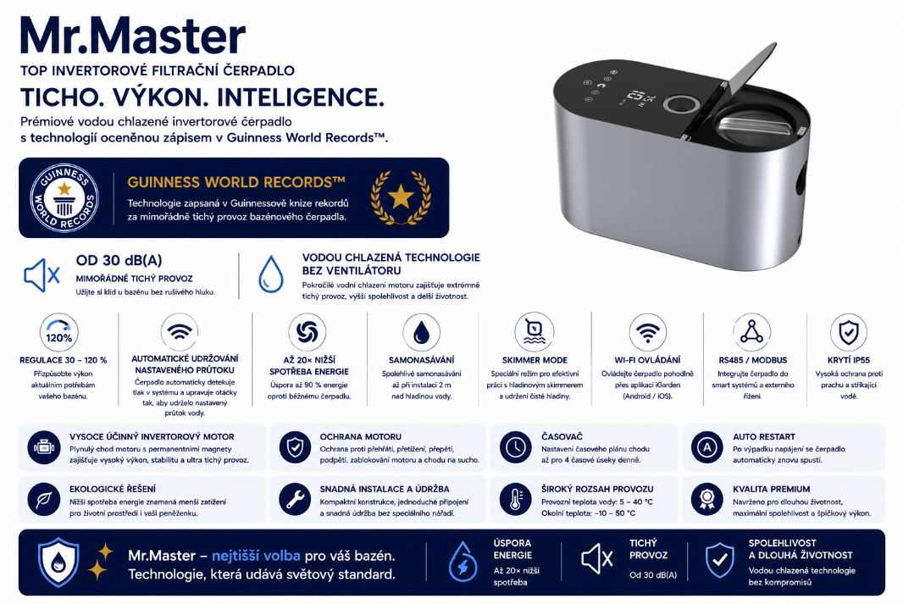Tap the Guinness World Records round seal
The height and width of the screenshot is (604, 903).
[64, 197]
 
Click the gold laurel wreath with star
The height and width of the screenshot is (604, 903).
[401, 197]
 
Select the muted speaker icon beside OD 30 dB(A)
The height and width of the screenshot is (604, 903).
[42, 275]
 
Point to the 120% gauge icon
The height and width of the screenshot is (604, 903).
[58, 332]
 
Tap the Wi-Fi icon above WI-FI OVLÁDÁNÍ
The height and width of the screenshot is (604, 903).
[648, 332]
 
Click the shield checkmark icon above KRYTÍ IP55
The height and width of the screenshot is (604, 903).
[848, 332]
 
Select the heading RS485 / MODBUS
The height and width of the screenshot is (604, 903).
[752, 360]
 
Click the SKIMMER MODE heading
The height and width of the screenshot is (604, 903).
[535, 360]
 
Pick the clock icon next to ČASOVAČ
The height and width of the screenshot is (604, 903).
[515, 447]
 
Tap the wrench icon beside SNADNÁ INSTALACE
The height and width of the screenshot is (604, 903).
[295, 499]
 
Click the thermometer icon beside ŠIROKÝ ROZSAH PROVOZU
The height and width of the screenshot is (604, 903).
[515, 499]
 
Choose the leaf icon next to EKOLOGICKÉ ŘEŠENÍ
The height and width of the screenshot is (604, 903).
[44, 499]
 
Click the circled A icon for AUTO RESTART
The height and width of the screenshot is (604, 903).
[706, 447]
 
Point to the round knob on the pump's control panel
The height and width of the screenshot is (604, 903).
[681, 105]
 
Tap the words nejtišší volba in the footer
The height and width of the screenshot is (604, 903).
[256, 556]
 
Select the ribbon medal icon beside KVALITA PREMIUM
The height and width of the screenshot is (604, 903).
[706, 499]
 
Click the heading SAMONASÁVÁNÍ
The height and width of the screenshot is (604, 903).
[421, 360]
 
